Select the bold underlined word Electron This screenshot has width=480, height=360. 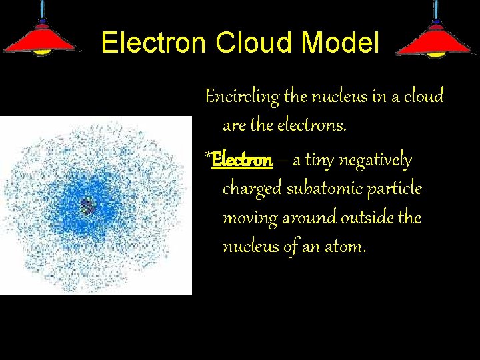[x=241, y=161]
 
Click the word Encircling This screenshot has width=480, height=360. [x=242, y=97]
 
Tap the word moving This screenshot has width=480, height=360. [x=247, y=218]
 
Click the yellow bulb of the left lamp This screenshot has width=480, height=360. [x=42, y=51]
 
